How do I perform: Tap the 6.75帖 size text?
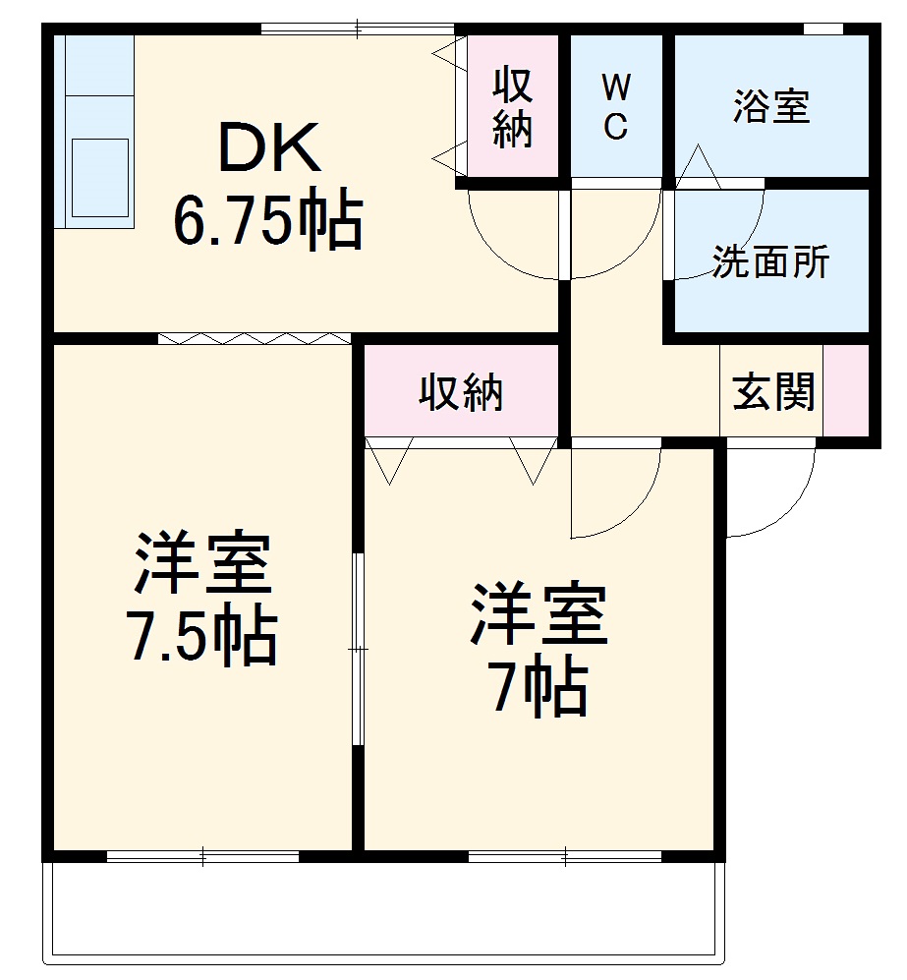pyautogui.click(x=268, y=221)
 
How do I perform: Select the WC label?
pyautogui.click(x=615, y=107)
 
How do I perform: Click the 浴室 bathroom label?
pyautogui.click(x=771, y=106)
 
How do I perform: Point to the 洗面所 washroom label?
pyautogui.click(x=770, y=262)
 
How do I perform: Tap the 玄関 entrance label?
pyautogui.click(x=773, y=393)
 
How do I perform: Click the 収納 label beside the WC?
pyautogui.click(x=513, y=107)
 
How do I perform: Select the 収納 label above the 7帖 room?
pyautogui.click(x=462, y=393)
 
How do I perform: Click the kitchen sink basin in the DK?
pyautogui.click(x=99, y=177)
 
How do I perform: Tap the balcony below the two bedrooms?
pyautogui.click(x=383, y=909)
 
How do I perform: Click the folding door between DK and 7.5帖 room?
pyautogui.click(x=254, y=338)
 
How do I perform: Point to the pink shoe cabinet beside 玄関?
pyautogui.click(x=845, y=390)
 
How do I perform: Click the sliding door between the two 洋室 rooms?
pyautogui.click(x=359, y=649)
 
